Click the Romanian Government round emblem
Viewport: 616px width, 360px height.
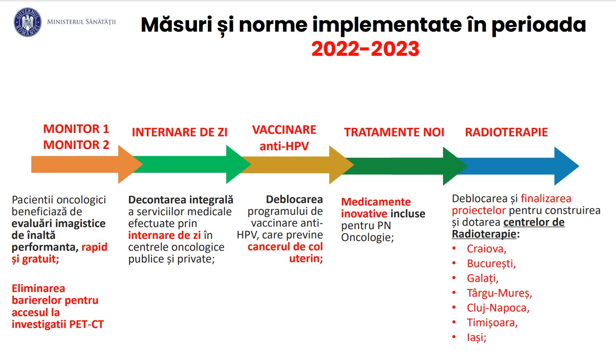27,22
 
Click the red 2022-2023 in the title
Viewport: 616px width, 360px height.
365,49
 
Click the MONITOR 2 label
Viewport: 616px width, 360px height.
76,145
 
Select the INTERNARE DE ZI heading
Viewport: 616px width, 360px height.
180,132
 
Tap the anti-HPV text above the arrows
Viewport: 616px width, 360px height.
284,146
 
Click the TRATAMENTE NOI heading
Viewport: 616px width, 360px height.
394,132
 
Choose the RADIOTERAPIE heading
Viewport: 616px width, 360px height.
506,132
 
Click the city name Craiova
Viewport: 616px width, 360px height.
486,249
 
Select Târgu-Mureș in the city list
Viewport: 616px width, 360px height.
500,293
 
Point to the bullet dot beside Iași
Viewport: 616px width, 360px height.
454,337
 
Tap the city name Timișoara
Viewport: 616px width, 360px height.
492,323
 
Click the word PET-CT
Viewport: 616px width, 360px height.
86,324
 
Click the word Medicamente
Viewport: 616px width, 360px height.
376,202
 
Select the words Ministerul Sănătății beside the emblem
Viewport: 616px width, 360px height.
81,22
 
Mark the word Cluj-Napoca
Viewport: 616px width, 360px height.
498,308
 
